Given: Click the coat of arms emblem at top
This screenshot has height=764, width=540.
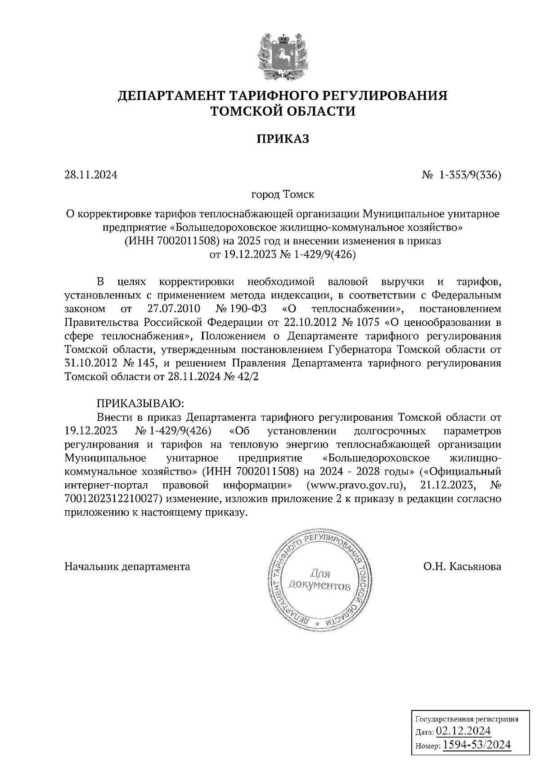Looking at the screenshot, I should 283,54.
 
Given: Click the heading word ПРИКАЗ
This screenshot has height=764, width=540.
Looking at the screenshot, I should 283,139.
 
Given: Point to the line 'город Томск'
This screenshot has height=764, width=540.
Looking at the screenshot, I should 283,195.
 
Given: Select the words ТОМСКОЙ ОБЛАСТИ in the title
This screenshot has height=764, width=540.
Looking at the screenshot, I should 283,111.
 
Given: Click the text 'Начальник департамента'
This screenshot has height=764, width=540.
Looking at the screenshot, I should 127,566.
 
